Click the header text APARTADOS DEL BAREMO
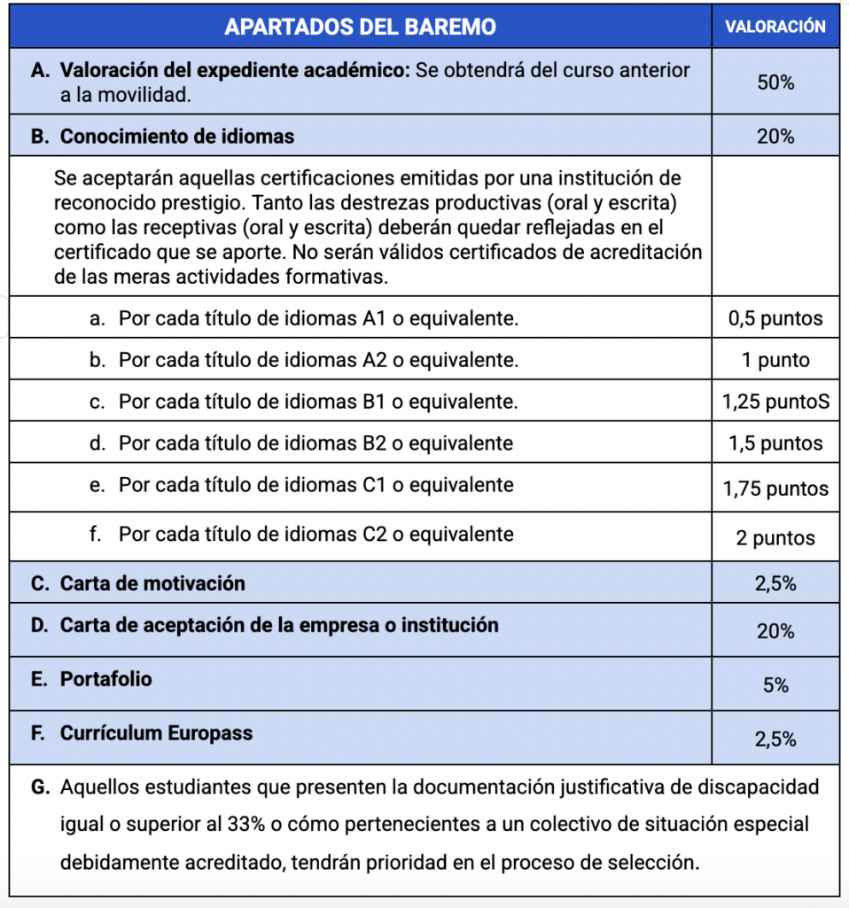360,27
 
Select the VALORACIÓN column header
775,27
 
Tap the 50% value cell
775,82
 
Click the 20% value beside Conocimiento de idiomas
775,137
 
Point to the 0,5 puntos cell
775,318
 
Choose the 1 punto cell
775,360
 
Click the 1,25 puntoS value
775,402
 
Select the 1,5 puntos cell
775,443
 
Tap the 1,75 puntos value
775,489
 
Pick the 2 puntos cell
775,538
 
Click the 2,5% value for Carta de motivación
775,583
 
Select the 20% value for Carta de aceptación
775,631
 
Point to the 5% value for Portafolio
775,685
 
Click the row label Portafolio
105,679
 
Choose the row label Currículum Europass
156,733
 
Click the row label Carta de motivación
152,583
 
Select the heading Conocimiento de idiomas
176,137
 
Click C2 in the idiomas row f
376,534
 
